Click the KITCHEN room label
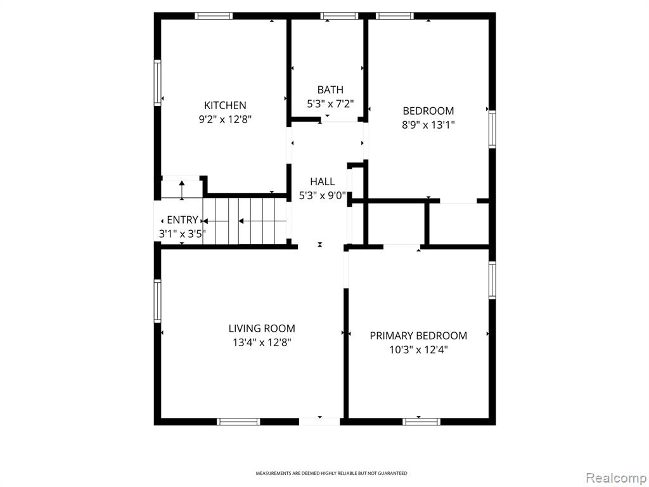(x=225, y=105)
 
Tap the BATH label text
(x=330, y=89)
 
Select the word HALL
(x=323, y=181)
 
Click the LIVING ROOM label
(x=262, y=328)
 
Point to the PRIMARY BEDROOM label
(x=418, y=335)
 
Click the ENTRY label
(x=183, y=220)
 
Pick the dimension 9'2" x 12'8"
(x=225, y=120)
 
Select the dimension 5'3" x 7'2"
(x=330, y=103)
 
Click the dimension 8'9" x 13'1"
(x=428, y=125)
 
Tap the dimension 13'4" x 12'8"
(x=262, y=342)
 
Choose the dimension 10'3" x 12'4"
(x=418, y=350)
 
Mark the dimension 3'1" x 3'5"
(x=183, y=234)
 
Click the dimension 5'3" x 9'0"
(x=323, y=195)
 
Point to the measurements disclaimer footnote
(x=331, y=473)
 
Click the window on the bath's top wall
(x=339, y=16)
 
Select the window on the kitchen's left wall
(x=157, y=83)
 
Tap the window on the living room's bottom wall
(x=238, y=422)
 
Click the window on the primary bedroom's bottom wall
(x=421, y=422)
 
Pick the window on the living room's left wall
(x=157, y=301)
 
